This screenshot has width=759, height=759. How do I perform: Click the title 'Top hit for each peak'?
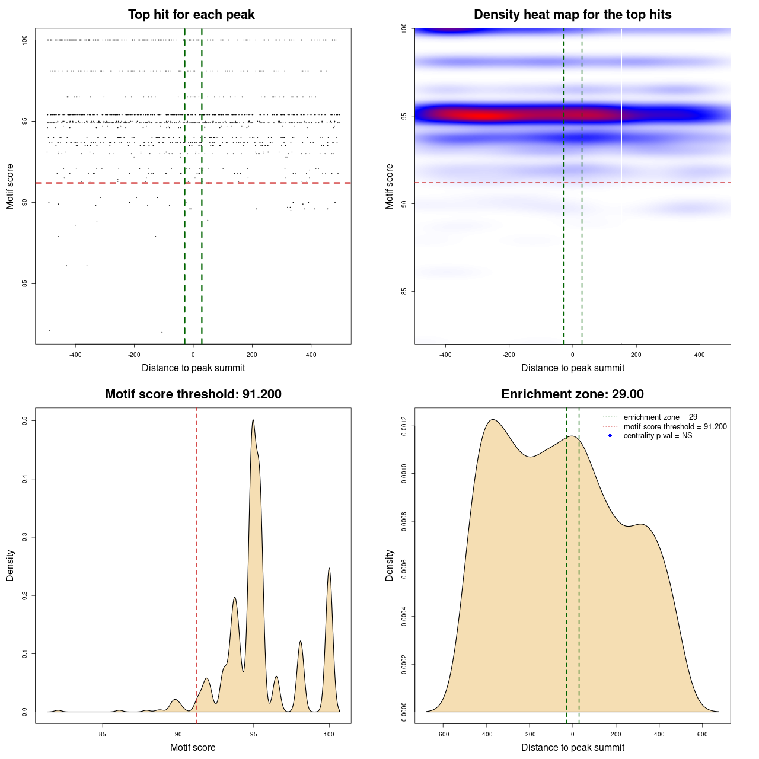tap(191, 15)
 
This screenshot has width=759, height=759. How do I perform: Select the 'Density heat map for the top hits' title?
tap(572, 15)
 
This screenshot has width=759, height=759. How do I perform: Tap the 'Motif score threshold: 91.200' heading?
tap(193, 394)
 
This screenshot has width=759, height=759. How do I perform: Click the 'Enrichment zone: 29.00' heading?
tap(572, 394)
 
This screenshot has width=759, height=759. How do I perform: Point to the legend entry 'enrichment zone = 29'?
tap(660, 417)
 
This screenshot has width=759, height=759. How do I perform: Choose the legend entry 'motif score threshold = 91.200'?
tap(675, 426)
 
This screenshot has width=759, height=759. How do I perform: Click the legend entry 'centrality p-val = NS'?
tap(658, 436)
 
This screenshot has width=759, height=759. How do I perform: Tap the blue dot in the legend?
tap(610, 436)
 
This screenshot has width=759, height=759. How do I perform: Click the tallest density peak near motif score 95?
tap(253, 420)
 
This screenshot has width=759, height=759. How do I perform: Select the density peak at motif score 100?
tap(329, 569)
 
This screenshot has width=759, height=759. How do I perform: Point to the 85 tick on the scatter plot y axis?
tap(25, 283)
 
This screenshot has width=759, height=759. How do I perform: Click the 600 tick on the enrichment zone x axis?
tap(703, 734)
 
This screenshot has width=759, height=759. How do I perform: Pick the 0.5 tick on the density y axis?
tap(25, 420)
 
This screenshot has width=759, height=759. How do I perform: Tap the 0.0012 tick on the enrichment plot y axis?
tap(404, 426)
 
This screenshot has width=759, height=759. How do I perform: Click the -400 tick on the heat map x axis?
tap(445, 355)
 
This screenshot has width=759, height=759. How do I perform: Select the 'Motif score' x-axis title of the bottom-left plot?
tap(193, 747)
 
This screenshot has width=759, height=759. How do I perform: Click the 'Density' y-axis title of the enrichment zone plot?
tap(390, 565)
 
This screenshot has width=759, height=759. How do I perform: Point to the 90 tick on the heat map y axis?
tap(404, 203)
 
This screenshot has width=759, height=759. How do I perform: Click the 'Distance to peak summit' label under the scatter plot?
tap(193, 368)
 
